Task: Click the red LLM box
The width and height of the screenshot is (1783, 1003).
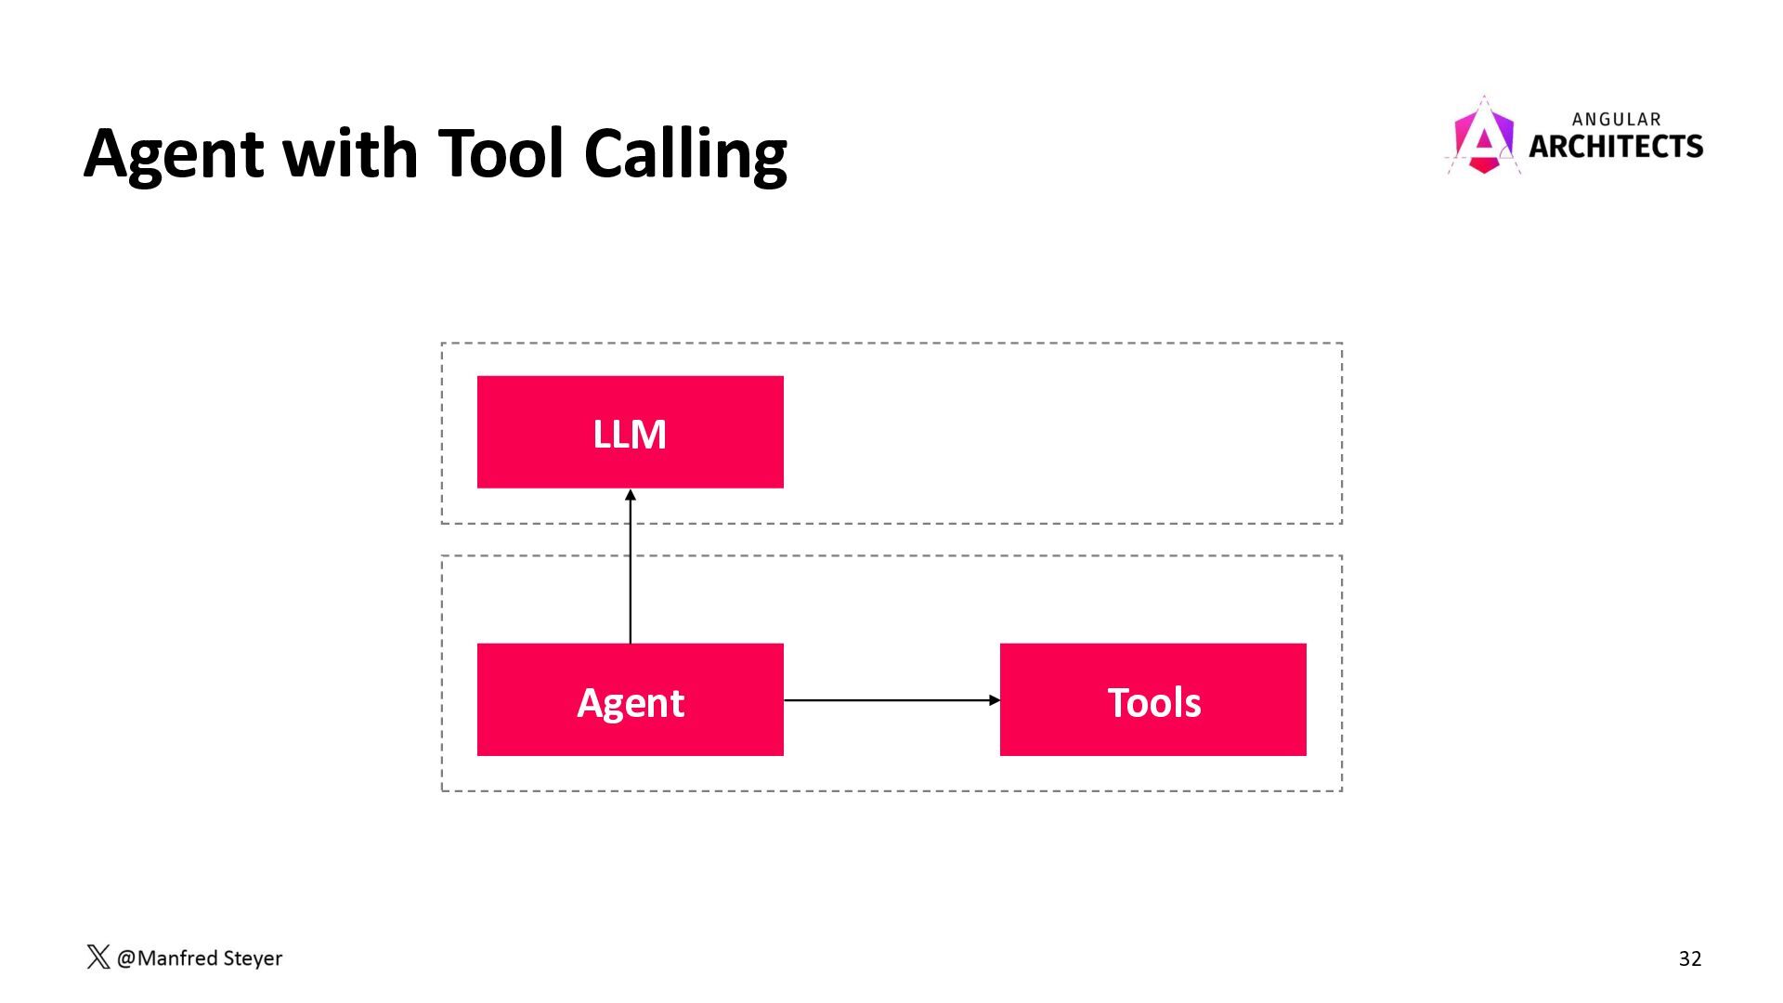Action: tap(630, 432)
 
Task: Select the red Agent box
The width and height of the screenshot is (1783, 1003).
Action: tap(630, 699)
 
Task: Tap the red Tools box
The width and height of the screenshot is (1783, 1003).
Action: tap(1152, 699)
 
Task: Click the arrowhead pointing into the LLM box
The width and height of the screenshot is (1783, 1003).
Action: tap(631, 495)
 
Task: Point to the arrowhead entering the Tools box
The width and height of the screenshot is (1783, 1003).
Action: tap(995, 700)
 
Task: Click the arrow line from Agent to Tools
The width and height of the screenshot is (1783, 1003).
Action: tap(891, 700)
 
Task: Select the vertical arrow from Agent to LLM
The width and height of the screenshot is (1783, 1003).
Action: tap(631, 567)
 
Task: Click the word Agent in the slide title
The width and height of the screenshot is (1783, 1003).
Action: tap(174, 154)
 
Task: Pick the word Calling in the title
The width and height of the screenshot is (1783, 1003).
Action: tap(685, 154)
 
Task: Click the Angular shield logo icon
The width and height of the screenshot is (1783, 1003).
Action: tap(1483, 136)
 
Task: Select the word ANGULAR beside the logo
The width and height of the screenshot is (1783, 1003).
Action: tap(1617, 119)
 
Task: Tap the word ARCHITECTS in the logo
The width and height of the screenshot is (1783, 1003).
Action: tap(1616, 146)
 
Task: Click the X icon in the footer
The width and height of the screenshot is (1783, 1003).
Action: tap(98, 957)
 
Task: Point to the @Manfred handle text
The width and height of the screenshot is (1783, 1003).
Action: tap(167, 957)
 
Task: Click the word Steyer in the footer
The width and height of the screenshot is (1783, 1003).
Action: tap(253, 958)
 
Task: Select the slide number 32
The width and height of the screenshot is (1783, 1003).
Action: tap(1690, 958)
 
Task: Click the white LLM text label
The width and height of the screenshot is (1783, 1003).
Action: tap(630, 434)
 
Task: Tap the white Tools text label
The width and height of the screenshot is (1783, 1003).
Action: tap(1154, 702)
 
